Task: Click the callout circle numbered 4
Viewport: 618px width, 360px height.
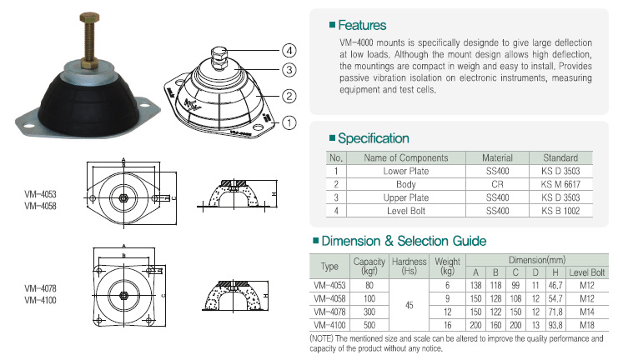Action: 289,51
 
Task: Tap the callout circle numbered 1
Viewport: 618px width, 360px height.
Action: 289,122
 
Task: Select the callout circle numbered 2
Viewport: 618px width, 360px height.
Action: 289,96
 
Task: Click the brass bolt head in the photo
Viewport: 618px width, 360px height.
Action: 89,17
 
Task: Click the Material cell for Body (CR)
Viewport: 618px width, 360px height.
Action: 497,184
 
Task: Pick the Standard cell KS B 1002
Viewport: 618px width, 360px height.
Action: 560,211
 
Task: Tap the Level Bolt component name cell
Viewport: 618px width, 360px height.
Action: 406,211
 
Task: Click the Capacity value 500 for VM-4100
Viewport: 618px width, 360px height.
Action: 369,325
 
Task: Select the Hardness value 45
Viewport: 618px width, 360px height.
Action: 409,305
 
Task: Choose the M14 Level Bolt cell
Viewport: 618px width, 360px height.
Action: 587,312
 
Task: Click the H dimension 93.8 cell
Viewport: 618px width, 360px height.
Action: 555,325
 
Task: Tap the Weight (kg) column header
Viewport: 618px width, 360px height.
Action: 447,267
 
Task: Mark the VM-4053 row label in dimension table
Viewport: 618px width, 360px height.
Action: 329,286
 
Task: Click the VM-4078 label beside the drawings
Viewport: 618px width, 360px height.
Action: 40,288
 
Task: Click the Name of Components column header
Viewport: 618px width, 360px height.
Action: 406,158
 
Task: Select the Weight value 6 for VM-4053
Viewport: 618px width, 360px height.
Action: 447,286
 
